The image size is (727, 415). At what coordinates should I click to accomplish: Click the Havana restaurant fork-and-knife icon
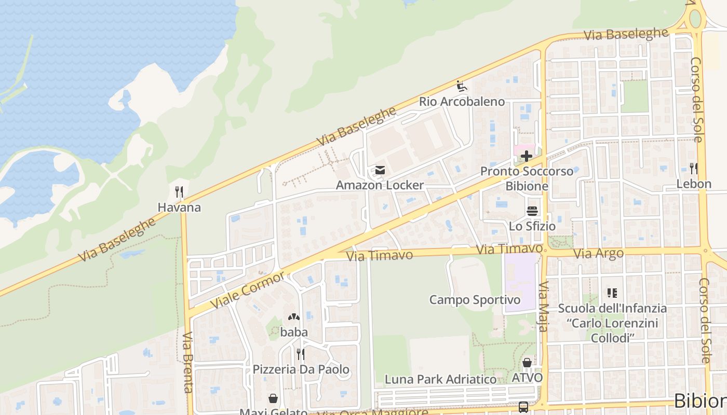click(179, 192)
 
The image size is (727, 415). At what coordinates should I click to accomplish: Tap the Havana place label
click(179, 208)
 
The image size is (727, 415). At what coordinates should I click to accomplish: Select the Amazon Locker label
click(380, 185)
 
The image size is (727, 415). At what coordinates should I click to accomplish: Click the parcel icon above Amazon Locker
click(380, 170)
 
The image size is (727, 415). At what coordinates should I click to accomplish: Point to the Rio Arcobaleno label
click(462, 102)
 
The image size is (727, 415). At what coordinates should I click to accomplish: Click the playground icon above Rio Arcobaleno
click(461, 86)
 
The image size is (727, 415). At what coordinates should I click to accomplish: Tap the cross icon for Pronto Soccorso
click(527, 156)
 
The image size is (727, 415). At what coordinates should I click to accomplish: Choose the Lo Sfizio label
click(532, 226)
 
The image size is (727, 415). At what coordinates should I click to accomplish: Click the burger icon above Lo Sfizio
click(532, 211)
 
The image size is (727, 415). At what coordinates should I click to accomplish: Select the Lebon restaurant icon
click(693, 169)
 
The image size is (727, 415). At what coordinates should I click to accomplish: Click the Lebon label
click(693, 184)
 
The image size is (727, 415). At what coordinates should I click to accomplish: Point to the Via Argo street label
click(598, 254)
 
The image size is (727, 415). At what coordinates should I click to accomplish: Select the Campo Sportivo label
click(475, 300)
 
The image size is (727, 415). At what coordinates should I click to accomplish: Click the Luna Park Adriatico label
click(440, 379)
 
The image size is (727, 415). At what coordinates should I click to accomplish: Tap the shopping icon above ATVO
click(527, 363)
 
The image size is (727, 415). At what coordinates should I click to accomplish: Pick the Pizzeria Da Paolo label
click(301, 369)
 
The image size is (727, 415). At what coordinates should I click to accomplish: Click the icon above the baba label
click(294, 317)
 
